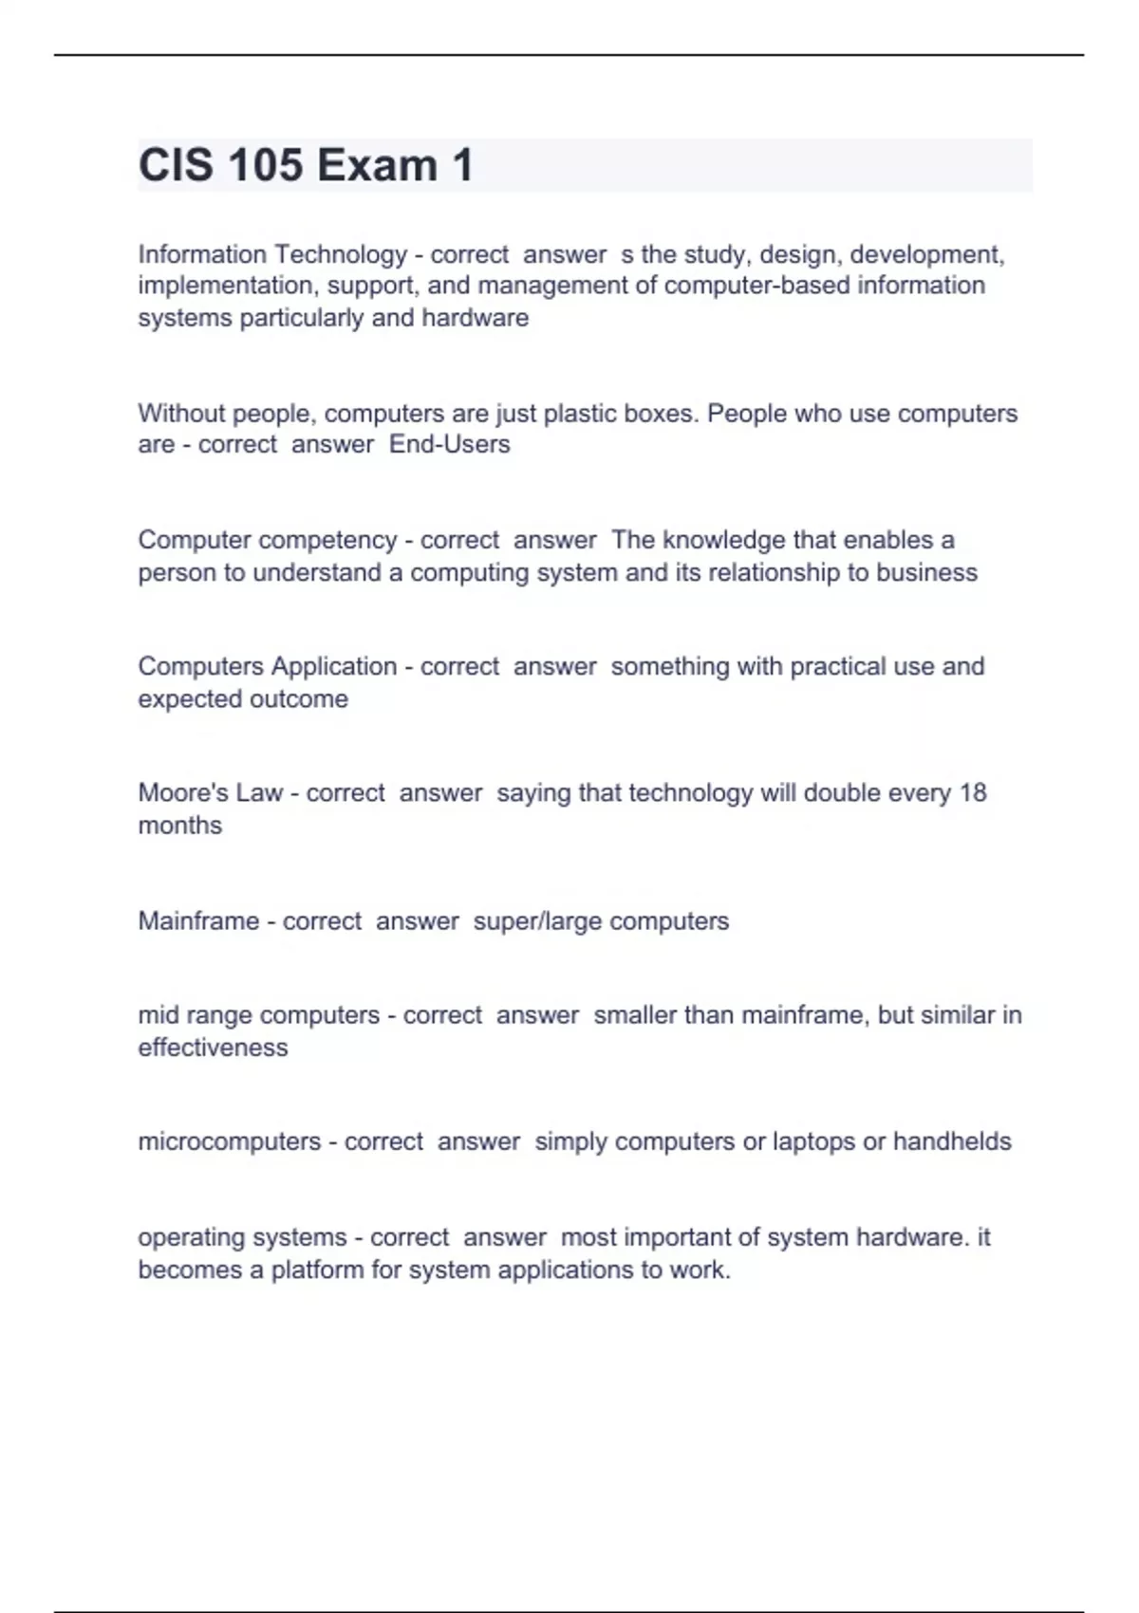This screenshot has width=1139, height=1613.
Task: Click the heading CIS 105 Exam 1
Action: (306, 165)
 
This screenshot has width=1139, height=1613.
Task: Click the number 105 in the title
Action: (264, 165)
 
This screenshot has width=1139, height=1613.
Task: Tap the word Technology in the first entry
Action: (340, 254)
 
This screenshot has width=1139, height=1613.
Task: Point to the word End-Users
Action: (449, 444)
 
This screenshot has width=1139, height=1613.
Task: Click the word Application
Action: (333, 666)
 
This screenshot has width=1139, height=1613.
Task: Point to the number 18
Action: (973, 792)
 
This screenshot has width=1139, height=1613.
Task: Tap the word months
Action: (179, 825)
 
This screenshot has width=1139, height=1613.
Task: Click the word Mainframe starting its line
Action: (198, 920)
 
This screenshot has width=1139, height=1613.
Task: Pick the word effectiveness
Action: (213, 1048)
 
